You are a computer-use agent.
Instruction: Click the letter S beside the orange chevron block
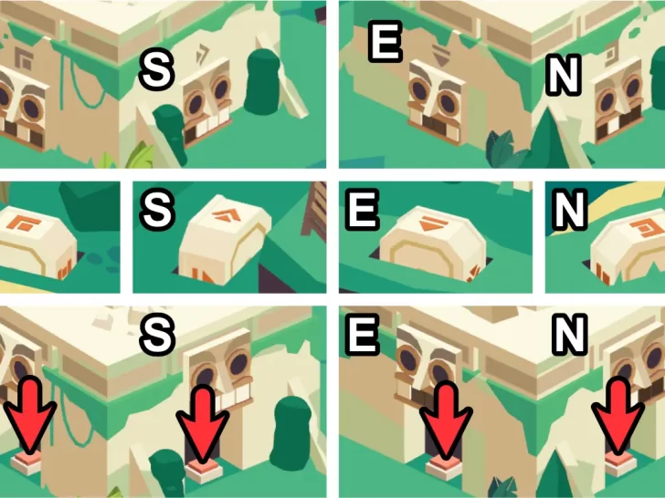(x=157, y=210)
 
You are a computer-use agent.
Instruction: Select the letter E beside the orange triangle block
(x=362, y=210)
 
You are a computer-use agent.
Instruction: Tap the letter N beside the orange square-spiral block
(x=569, y=210)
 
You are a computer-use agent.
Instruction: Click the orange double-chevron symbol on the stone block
(x=226, y=214)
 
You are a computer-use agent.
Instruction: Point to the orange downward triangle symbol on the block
(x=432, y=223)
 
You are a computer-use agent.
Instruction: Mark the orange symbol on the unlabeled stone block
(x=25, y=223)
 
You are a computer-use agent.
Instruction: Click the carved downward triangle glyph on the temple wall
(x=440, y=54)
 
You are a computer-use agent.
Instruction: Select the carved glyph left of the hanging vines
(x=23, y=58)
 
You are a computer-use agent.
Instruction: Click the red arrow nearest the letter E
(x=446, y=418)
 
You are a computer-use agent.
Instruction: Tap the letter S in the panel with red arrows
(x=158, y=335)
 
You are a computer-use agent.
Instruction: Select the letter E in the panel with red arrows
(x=362, y=335)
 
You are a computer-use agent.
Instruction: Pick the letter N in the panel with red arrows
(x=569, y=335)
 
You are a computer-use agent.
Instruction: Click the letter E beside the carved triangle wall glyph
(x=385, y=42)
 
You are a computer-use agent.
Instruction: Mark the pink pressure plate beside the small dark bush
(x=204, y=469)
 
